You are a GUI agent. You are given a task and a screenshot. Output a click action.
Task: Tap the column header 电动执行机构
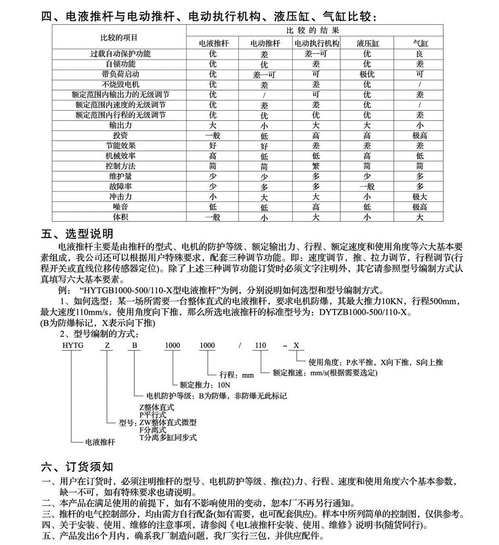[316, 43]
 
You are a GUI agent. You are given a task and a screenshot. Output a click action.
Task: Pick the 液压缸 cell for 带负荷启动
[367, 74]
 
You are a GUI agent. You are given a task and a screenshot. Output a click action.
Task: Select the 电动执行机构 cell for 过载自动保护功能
[316, 54]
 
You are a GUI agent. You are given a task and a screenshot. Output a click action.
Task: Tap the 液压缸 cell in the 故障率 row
[367, 187]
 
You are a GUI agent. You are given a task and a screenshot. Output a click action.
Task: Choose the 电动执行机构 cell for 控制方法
[316, 166]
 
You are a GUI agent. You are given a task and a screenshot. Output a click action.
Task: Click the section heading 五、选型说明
[77, 234]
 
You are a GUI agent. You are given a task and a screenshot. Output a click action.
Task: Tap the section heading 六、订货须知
[77, 467]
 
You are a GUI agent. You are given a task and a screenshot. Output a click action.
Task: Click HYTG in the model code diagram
[72, 346]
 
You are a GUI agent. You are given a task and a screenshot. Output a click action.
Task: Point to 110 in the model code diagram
[260, 346]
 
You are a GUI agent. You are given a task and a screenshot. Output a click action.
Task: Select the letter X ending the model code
[296, 346]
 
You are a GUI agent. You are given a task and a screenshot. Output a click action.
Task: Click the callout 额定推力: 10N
[202, 385]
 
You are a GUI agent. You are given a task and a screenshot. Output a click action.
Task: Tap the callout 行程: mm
[236, 375]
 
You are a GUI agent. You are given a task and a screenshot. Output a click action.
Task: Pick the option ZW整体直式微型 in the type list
[168, 422]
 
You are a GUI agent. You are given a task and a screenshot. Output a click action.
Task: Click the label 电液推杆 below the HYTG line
[100, 442]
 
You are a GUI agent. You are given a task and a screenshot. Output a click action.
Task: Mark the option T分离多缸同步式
[168, 437]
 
